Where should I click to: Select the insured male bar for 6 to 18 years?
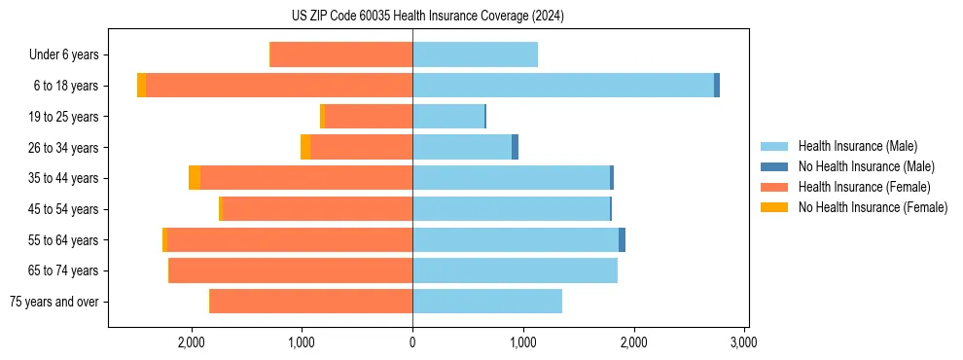pos(563,86)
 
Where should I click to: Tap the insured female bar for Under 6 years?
pos(341,54)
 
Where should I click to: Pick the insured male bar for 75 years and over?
pos(487,302)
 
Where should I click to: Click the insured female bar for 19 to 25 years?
pos(369,117)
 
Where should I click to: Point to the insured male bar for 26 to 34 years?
pos(462,147)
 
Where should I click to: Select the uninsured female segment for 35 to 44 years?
pos(195,178)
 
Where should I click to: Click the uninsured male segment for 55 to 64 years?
pos(622,240)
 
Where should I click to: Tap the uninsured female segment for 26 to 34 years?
pos(305,147)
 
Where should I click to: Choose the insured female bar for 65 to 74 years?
pos(291,270)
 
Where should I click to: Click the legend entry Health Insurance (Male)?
pos(857,146)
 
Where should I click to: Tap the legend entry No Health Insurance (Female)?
pos(873,207)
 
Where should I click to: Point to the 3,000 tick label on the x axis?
pos(744,342)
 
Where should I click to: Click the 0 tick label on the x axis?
pos(412,342)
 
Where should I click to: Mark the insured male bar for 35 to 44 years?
pos(511,178)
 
